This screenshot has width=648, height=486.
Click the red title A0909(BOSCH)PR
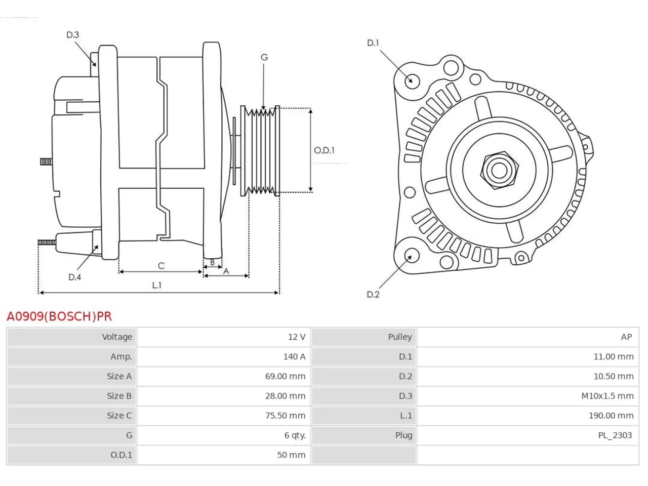click(x=59, y=316)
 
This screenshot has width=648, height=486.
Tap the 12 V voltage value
click(x=297, y=337)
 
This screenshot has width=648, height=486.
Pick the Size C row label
click(x=119, y=416)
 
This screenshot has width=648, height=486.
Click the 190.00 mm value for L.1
click(x=611, y=416)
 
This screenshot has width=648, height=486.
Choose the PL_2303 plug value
click(x=615, y=435)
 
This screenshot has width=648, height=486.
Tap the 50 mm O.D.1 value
click(x=291, y=455)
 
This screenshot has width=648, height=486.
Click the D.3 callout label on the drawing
click(x=72, y=35)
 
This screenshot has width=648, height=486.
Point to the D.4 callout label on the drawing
click(x=74, y=277)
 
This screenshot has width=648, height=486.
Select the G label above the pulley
click(x=264, y=57)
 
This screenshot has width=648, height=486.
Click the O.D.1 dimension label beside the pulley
click(x=324, y=150)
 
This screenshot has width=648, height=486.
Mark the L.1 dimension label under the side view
click(x=157, y=285)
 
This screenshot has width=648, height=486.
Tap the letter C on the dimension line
click(x=161, y=266)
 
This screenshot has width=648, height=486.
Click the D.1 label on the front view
click(x=373, y=43)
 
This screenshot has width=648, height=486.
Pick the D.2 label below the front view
click(x=373, y=295)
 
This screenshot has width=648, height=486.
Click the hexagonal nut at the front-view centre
click(x=499, y=170)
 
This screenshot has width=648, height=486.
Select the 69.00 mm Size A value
click(x=285, y=376)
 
